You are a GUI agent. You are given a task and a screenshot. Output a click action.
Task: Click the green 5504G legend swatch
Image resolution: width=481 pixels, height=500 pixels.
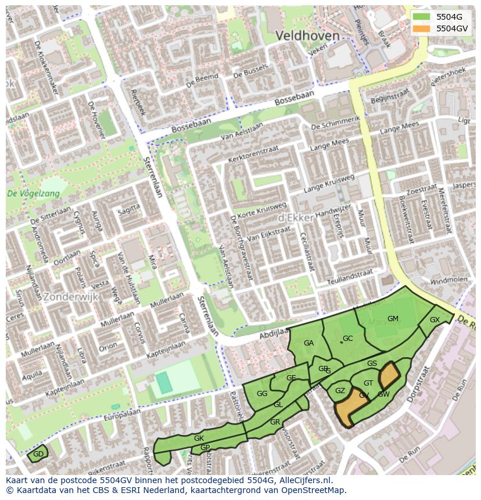click(x=422, y=17)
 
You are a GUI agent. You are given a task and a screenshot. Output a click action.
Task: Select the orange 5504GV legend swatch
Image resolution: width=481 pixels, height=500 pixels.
click(x=422, y=28)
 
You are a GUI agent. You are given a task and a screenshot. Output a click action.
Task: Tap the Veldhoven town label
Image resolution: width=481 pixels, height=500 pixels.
click(x=307, y=36)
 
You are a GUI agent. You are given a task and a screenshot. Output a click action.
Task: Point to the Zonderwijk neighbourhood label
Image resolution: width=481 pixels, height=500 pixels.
click(x=70, y=296)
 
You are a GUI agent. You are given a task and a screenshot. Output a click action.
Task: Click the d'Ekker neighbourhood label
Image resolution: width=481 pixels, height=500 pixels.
click(x=296, y=217)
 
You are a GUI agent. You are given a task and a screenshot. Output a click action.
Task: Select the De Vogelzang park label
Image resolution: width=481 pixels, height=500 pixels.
click(x=33, y=194)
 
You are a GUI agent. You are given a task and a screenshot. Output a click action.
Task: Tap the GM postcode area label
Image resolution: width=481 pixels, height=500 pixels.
click(x=393, y=318)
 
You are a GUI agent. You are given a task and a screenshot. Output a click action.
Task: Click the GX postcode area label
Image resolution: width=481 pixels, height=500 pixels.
click(x=435, y=320)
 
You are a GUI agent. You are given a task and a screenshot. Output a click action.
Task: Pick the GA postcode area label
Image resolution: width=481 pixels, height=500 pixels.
click(x=308, y=343)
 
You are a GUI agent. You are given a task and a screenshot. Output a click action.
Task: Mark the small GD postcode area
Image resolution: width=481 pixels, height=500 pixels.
click(x=38, y=454)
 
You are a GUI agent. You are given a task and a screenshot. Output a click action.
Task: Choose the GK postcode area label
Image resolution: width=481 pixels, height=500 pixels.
click(x=199, y=438)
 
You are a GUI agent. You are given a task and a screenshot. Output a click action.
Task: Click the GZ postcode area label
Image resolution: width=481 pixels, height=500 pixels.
click(x=340, y=391)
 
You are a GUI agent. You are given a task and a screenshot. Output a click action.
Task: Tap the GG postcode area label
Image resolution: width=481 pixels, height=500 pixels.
click(x=262, y=393)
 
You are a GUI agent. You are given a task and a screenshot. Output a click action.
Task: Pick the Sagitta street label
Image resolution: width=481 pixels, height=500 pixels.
click(x=128, y=210)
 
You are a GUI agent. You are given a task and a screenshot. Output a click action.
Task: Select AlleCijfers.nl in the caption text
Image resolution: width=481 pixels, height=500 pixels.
click(x=304, y=480)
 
